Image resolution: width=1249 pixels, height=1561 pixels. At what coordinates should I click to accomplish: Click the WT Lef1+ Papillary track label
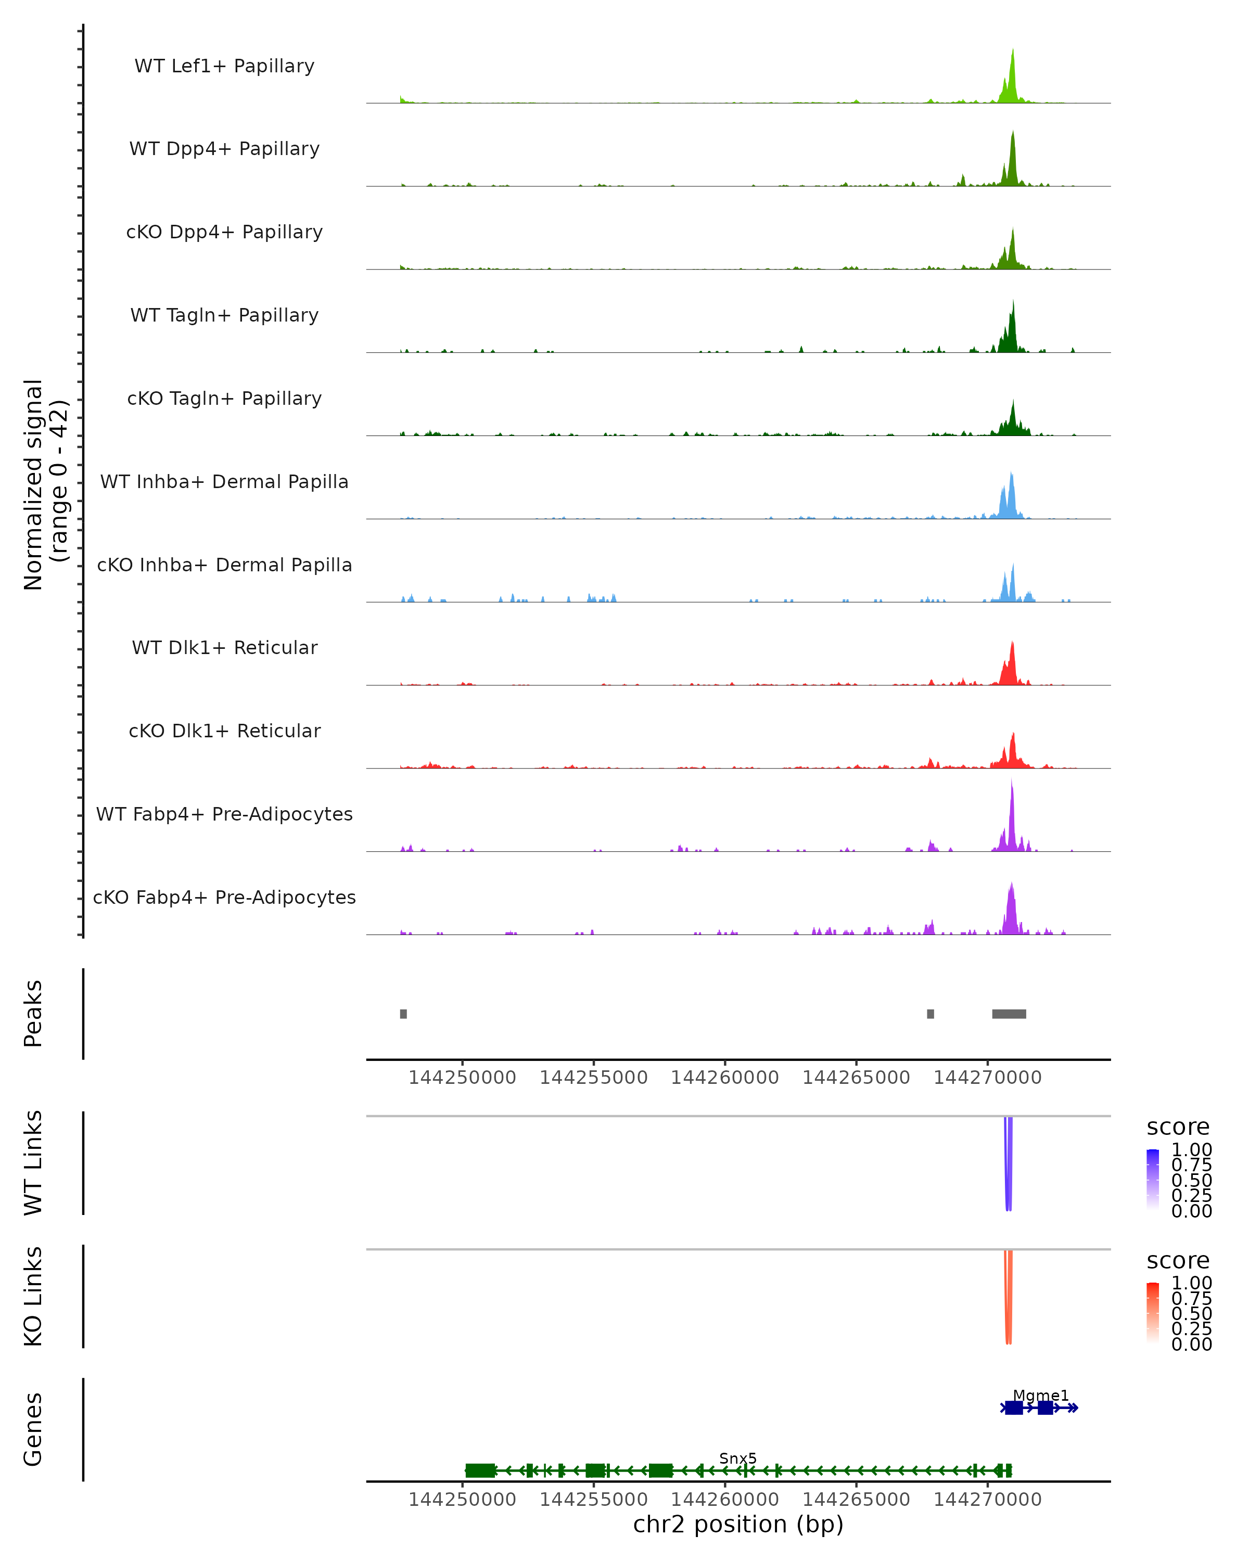click(224, 66)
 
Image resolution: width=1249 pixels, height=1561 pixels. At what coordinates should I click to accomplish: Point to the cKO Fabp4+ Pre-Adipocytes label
click(224, 897)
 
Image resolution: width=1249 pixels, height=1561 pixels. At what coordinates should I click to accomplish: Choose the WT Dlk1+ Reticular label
click(224, 647)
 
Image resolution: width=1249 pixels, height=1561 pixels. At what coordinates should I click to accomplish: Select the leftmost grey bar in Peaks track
click(403, 1014)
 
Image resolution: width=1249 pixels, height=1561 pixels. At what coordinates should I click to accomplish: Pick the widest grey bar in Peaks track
click(1009, 1014)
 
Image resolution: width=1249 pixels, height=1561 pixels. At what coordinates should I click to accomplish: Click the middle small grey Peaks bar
click(931, 1014)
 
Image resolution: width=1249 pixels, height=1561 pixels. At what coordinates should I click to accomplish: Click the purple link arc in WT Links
click(1009, 1166)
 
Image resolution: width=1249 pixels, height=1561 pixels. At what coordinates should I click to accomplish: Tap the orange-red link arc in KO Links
click(1009, 1300)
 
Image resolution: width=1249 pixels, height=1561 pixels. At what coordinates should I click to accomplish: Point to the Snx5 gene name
click(738, 1458)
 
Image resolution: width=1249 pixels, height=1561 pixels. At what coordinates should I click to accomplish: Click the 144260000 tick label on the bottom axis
click(725, 1500)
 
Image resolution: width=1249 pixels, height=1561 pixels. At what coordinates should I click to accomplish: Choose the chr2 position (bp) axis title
click(738, 1525)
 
